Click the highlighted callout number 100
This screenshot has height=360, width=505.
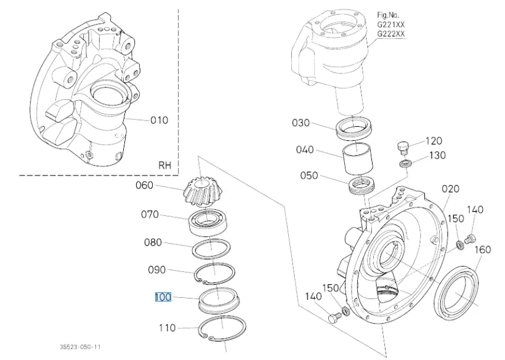[x=163, y=297]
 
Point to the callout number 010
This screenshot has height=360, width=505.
[x=159, y=120]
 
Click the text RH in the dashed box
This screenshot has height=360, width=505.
[x=164, y=165]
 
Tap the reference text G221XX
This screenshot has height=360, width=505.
[x=391, y=24]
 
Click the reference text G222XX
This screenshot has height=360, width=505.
[x=391, y=34]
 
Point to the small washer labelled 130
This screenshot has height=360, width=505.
[x=405, y=164]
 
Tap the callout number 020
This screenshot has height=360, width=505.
[x=450, y=189]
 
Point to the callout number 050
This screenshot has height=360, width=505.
[x=309, y=175]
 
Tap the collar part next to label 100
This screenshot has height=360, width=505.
[x=217, y=300]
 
